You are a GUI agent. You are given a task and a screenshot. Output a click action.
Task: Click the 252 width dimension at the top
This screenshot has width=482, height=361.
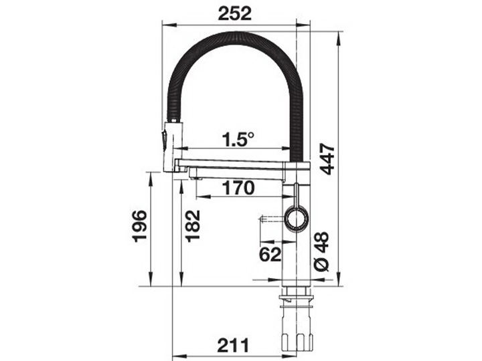click(234, 13)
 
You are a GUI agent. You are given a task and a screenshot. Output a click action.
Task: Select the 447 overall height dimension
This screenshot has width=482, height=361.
click(327, 158)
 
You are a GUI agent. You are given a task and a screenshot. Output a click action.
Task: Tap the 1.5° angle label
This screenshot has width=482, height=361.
click(238, 139)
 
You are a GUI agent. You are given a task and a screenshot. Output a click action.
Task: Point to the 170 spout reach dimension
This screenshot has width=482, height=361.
click(238, 188)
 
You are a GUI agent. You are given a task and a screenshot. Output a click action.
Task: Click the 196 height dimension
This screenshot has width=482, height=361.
click(139, 226)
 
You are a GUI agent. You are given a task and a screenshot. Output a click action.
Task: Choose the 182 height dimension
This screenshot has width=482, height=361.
click(193, 226)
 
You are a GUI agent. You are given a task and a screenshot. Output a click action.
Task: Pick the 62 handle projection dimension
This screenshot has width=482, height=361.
click(270, 254)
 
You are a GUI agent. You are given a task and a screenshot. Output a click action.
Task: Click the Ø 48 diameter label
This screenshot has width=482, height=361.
click(322, 252)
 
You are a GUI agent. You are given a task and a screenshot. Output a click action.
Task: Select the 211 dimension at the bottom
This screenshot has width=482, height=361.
click(233, 346)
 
